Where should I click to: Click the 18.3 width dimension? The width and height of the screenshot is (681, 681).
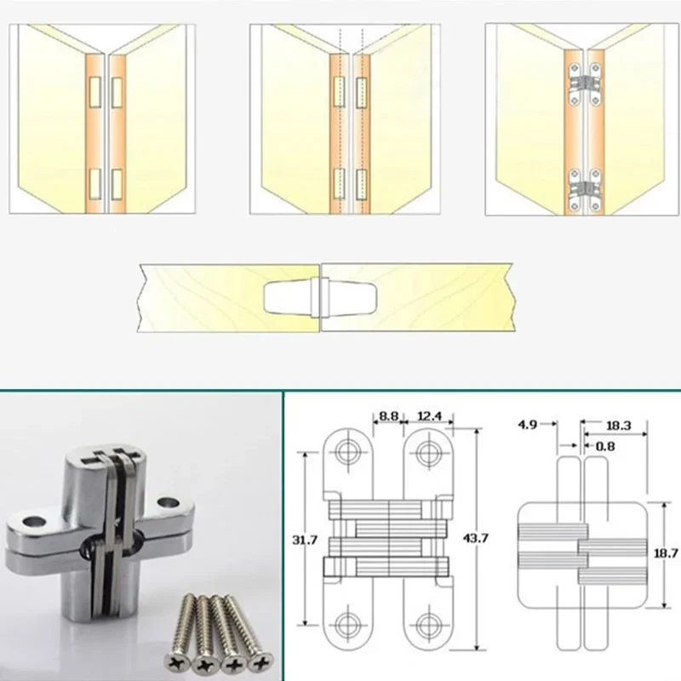pos(620,423)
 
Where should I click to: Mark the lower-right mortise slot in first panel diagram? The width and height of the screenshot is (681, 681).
pos(118,180)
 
